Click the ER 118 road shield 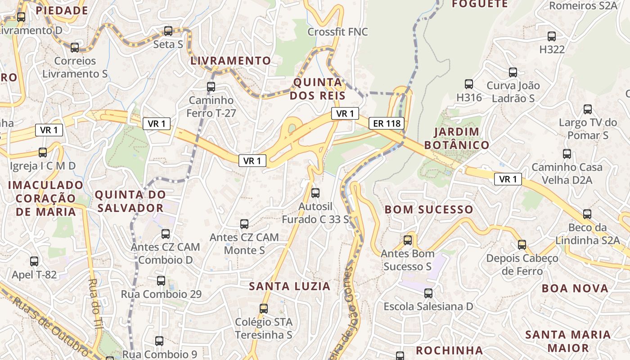point(387,123)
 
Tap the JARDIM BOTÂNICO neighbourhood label point(456,138)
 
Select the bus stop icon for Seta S point(168,31)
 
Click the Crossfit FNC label point(337,32)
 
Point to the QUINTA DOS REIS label point(318,89)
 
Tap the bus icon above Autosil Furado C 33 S point(315,193)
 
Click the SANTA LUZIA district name point(290,286)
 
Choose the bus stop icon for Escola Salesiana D point(428,293)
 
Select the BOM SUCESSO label point(429,210)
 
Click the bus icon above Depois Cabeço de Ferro point(522,245)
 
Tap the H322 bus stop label point(552,49)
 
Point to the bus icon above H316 point(469,84)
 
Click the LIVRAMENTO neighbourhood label point(231,61)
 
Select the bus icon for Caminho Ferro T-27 point(211,87)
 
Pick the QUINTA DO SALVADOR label point(130,201)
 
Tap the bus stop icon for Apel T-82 point(34,261)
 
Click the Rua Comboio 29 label point(161,294)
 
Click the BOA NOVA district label point(575,288)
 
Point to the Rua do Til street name point(94,310)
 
